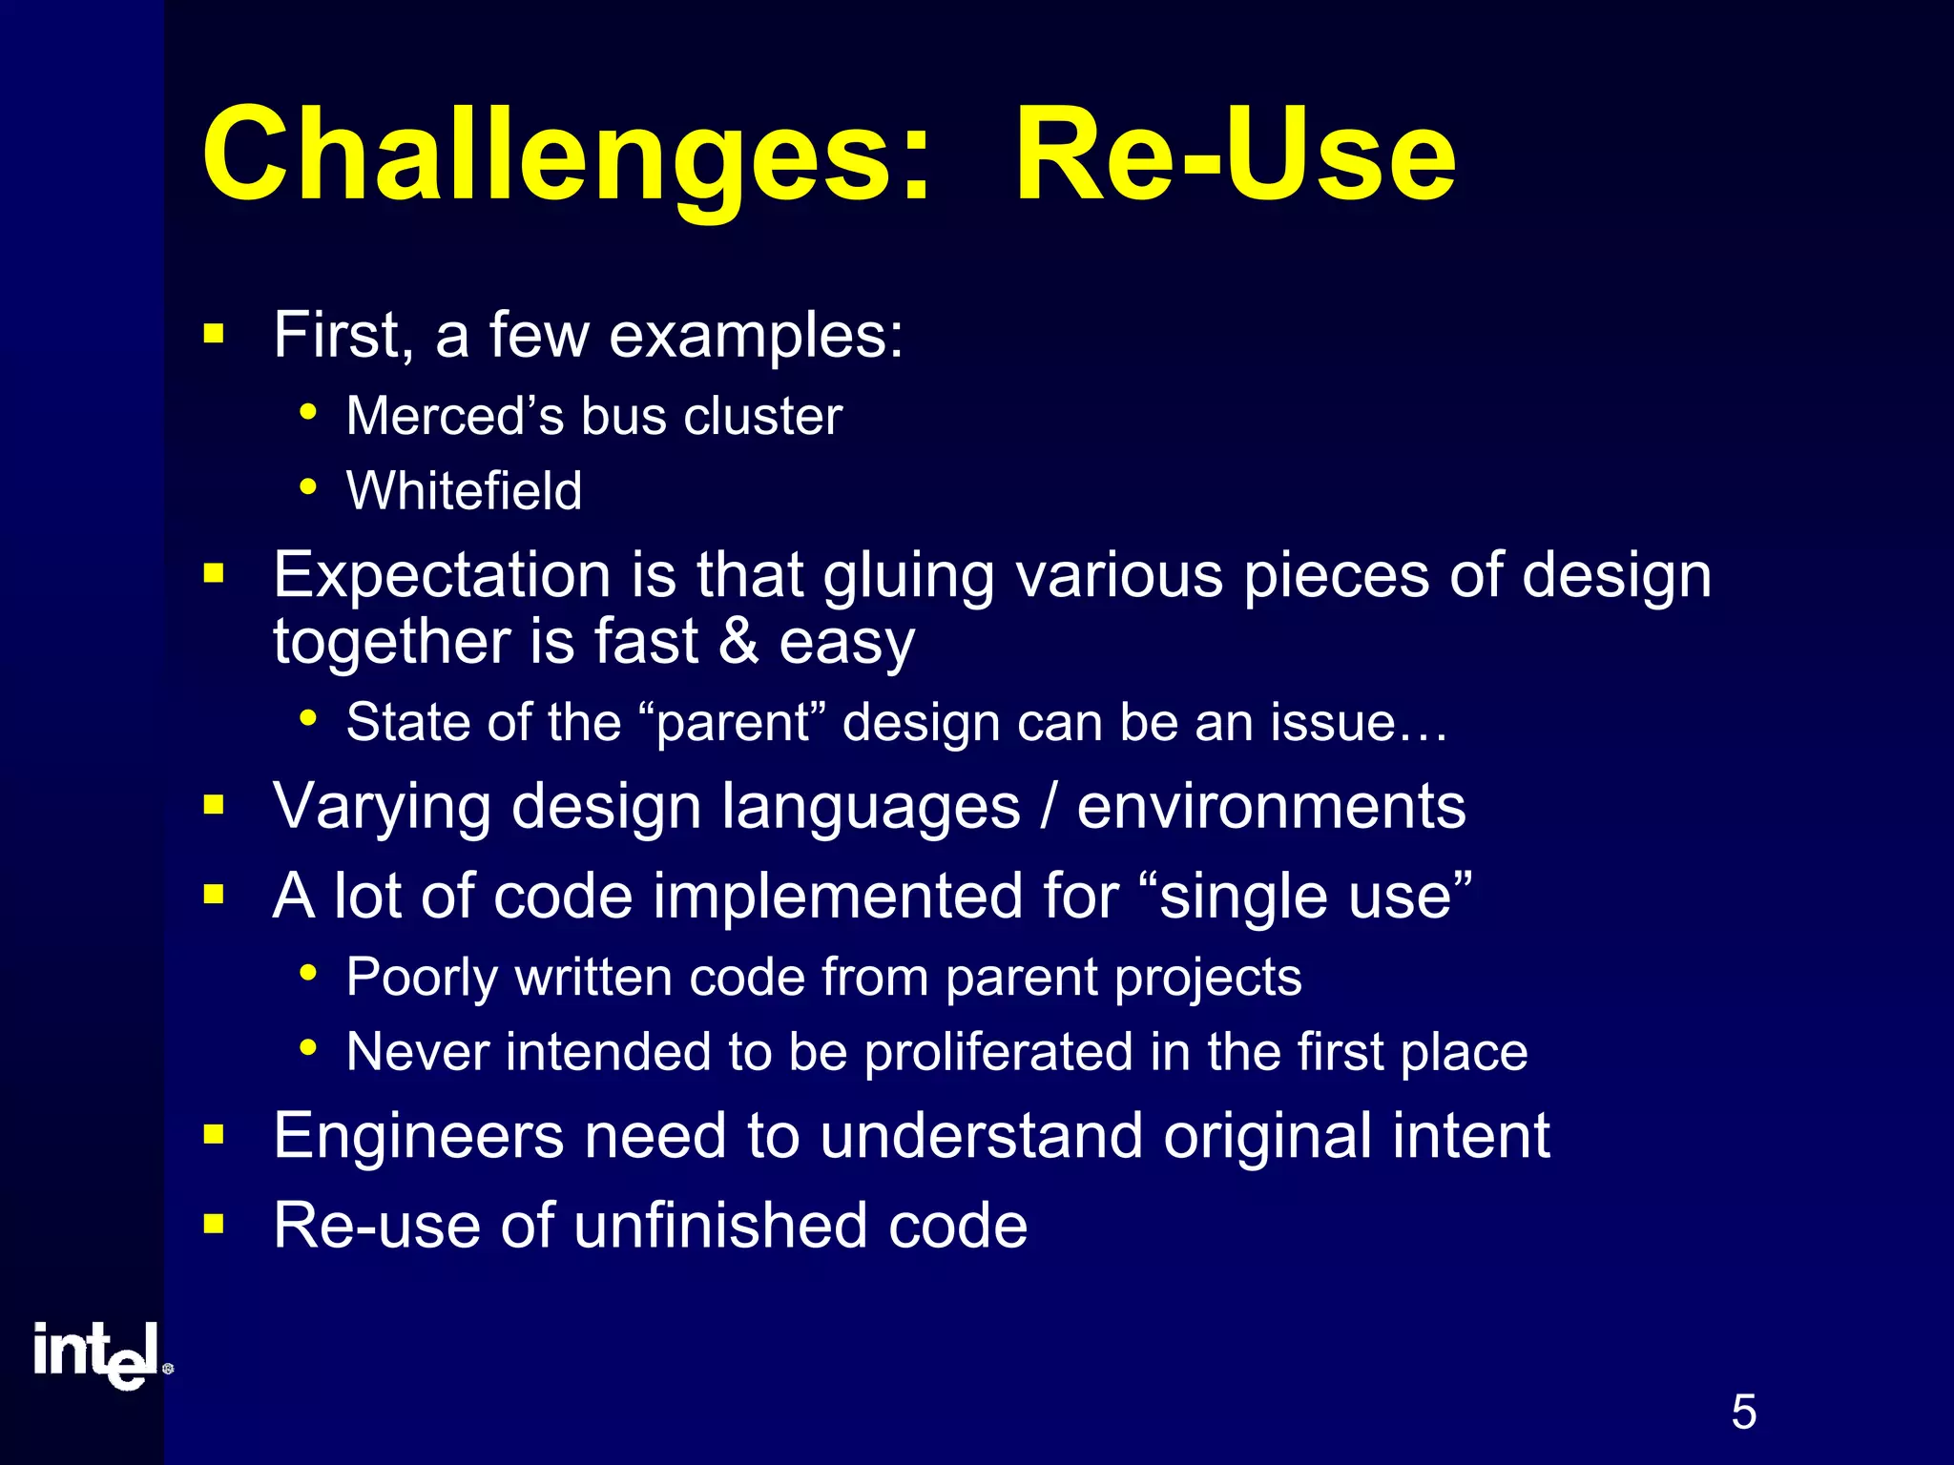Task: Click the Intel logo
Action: pyautogui.click(x=100, y=1354)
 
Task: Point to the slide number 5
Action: pyautogui.click(x=1743, y=1413)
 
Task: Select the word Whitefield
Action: pyautogui.click(x=464, y=491)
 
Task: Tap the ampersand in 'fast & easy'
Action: pyautogui.click(x=738, y=641)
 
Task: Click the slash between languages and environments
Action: pyautogui.click(x=1049, y=807)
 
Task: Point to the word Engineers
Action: pyautogui.click(x=418, y=1136)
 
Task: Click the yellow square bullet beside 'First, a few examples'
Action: pyautogui.click(x=214, y=335)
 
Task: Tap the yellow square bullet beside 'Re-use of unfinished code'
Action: pyautogui.click(x=214, y=1224)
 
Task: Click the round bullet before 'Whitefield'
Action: pyautogui.click(x=307, y=487)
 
